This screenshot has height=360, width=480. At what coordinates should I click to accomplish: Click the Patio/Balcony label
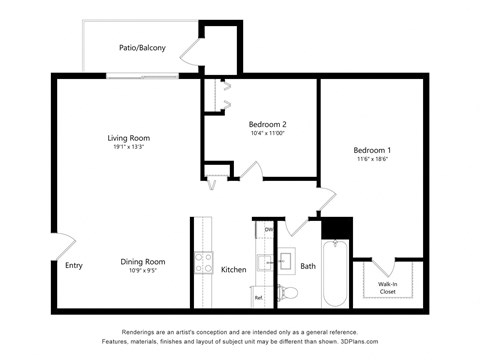143,47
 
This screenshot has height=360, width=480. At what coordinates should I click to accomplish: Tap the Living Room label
129,138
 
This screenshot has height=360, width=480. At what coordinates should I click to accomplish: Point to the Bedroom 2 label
267,124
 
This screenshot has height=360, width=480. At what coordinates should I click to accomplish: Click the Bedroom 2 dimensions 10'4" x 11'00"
267,134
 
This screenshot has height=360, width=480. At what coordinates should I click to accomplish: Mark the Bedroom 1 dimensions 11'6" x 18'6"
374,158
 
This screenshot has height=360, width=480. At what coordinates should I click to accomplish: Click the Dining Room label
143,262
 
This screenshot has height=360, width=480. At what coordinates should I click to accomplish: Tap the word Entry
74,266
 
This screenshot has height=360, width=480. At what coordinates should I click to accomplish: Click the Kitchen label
233,270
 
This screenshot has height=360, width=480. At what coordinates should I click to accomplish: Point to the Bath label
308,266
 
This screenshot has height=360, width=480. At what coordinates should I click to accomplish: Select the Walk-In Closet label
388,289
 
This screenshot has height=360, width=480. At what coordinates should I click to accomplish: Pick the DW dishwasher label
269,230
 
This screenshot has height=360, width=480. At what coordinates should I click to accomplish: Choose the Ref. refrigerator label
258,298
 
